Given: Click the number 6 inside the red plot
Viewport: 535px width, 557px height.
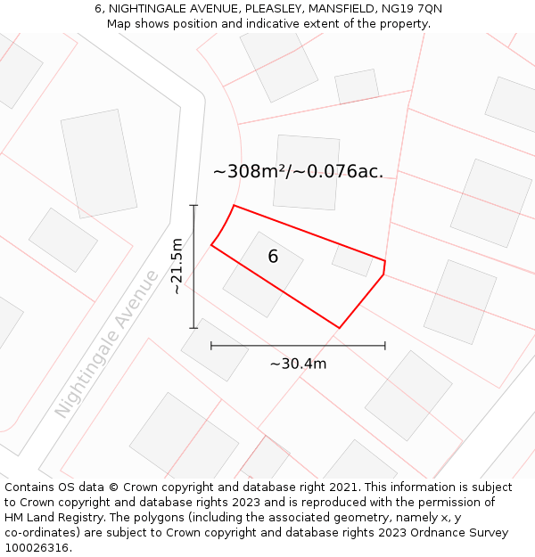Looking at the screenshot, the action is (273, 257).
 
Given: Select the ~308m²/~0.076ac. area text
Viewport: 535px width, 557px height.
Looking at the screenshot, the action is (298, 172).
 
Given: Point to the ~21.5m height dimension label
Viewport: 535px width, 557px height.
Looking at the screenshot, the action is (177, 266).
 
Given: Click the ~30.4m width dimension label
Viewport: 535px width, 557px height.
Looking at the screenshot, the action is (298, 364).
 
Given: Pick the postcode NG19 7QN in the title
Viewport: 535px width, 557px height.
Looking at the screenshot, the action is (407, 9).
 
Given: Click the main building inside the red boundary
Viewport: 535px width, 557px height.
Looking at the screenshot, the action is (262, 274).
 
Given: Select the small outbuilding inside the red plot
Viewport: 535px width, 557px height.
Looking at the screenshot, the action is (352, 261).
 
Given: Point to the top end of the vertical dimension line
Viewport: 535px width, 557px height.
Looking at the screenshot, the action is (193, 206).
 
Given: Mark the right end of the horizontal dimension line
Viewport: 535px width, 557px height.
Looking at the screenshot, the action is (385, 345).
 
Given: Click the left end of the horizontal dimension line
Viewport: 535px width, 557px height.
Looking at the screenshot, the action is (211, 345).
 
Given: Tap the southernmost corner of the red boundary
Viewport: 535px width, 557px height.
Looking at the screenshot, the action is (339, 328).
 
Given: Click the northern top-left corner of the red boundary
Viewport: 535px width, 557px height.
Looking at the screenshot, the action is (234, 206).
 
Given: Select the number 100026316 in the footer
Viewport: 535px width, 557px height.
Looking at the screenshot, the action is (37, 548).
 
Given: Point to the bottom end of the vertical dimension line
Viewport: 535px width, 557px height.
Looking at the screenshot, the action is (193, 328).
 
